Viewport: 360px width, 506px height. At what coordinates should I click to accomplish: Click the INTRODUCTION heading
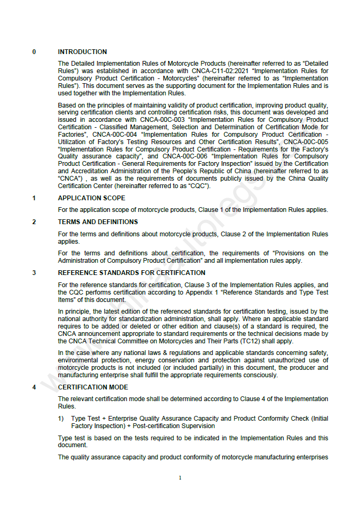[x=82, y=52]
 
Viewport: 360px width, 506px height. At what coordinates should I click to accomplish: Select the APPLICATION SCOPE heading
[x=91, y=198]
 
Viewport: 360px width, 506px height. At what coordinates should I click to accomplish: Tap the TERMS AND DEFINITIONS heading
[x=98, y=222]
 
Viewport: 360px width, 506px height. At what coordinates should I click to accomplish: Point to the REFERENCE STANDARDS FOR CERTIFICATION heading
[x=131, y=273]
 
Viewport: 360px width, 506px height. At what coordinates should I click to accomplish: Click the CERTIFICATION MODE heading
[x=93, y=387]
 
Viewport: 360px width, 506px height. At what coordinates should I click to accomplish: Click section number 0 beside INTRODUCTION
[x=34, y=52]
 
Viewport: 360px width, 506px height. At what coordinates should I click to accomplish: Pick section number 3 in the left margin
[x=34, y=273]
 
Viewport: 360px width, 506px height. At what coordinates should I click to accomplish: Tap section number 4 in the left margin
[x=34, y=387]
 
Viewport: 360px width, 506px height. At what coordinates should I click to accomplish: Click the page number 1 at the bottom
[x=180, y=478]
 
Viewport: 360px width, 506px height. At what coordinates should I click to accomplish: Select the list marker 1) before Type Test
[x=61, y=419]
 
